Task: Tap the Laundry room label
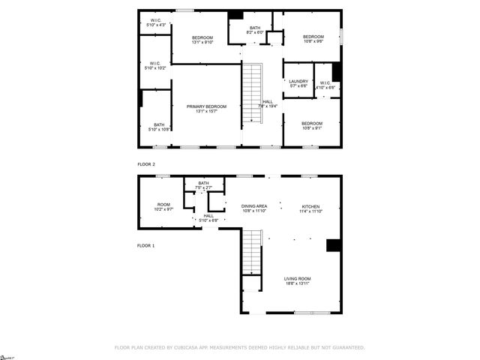(x=298, y=83)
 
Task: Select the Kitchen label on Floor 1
(x=310, y=208)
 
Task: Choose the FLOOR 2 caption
(x=146, y=163)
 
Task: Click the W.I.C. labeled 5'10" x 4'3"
(x=157, y=22)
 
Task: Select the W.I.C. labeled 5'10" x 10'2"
(x=154, y=65)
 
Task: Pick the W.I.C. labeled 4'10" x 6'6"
(x=325, y=85)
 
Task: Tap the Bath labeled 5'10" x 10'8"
(x=159, y=127)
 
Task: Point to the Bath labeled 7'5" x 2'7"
(x=203, y=184)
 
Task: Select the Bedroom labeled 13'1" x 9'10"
(x=202, y=40)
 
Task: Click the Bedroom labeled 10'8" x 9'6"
(x=313, y=39)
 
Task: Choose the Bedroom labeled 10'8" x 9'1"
(x=312, y=125)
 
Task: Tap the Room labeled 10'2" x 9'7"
(x=164, y=206)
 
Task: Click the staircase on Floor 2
(x=253, y=94)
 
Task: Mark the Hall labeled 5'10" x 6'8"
(x=208, y=217)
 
